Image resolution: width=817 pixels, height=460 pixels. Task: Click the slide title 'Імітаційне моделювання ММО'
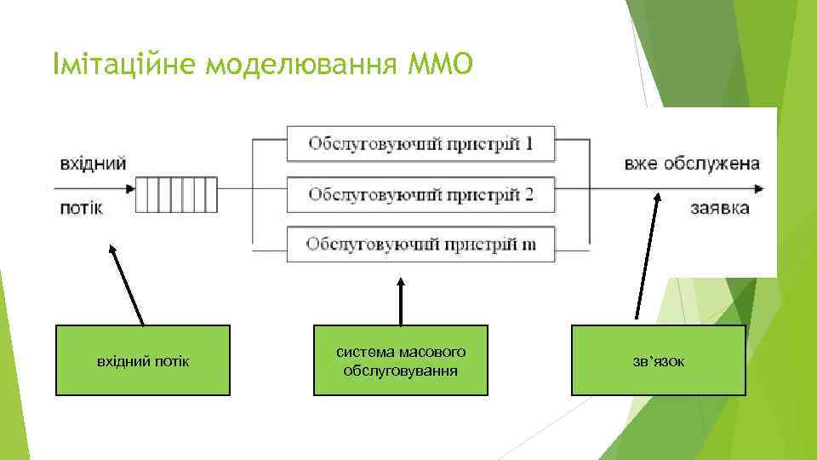click(260, 62)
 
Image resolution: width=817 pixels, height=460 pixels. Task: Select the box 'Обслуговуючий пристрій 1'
click(420, 143)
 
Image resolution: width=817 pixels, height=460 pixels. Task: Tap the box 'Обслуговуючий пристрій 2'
click(420, 194)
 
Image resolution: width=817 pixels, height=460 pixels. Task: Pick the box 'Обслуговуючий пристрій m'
click(420, 244)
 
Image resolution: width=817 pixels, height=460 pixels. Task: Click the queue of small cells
click(164, 194)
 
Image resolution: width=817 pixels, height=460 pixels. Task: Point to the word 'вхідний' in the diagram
click(93, 162)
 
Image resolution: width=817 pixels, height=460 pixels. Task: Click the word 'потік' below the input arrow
click(81, 209)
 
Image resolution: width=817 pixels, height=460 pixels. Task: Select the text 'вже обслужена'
click(691, 164)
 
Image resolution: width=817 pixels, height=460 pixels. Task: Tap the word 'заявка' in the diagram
click(720, 209)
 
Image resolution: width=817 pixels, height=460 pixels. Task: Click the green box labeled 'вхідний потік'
click(143, 361)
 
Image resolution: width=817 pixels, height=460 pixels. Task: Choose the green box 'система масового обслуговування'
click(401, 361)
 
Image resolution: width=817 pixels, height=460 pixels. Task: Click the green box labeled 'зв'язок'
click(658, 361)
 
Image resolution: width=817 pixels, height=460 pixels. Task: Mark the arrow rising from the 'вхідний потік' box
click(126, 285)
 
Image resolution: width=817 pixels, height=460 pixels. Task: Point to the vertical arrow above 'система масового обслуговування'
click(401, 300)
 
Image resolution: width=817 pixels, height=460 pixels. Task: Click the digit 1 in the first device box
click(528, 143)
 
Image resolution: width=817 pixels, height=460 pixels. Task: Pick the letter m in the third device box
click(528, 245)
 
